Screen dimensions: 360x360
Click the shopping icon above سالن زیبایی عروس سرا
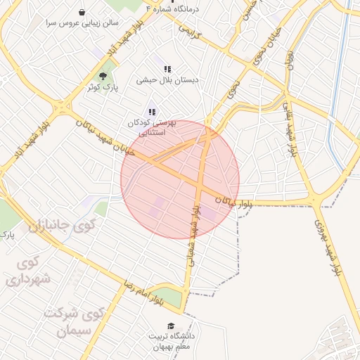[83, 12]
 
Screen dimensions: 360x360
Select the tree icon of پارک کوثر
[103, 75]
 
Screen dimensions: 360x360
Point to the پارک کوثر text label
[102, 87]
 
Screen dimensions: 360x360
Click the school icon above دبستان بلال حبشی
[167, 69]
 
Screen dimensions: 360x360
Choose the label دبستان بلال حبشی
[169, 80]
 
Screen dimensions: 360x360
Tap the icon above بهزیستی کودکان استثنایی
[152, 112]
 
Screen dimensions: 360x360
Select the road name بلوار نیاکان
[234, 202]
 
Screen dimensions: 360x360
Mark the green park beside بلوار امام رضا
[167, 297]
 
